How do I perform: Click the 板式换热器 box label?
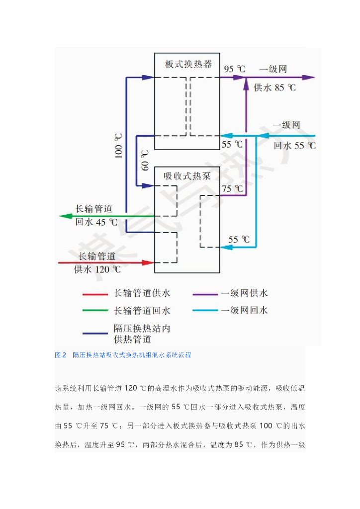pos(188,65)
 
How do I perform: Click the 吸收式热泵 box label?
pos(188,176)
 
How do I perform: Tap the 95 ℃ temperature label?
pos(234,69)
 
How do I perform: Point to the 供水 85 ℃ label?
pos(275,88)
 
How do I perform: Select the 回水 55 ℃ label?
pos(295,146)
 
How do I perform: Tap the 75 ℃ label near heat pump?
pos(232,189)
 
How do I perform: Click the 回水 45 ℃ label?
pos(96,222)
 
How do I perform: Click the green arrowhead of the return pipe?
pos(64,216)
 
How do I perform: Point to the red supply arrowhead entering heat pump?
pos(149,262)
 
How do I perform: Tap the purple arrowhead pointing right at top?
pos(310,77)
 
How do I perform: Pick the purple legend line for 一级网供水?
pos(204,294)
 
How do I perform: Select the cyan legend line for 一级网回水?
pos(204,311)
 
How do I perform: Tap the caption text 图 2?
pos(60,355)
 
